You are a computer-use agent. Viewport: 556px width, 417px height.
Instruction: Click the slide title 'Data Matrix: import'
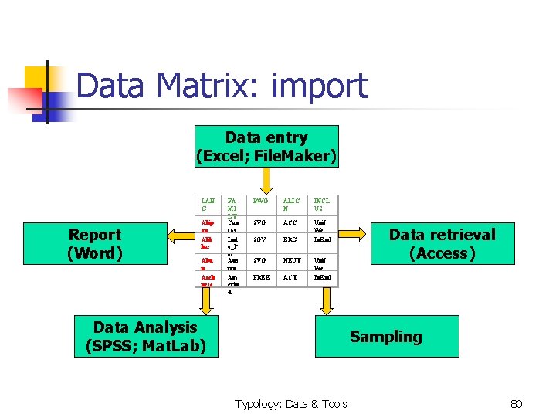click(x=222, y=86)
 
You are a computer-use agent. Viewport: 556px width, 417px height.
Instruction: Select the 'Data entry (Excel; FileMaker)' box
click(x=266, y=147)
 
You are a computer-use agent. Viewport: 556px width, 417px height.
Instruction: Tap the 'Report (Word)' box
click(x=95, y=243)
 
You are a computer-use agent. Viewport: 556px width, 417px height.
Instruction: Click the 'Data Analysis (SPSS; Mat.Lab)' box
click(x=145, y=337)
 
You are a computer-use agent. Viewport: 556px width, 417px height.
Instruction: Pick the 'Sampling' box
click(x=385, y=336)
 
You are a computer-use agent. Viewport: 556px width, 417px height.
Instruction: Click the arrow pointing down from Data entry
click(x=266, y=181)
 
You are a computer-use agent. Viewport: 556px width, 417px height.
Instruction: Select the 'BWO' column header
click(x=260, y=201)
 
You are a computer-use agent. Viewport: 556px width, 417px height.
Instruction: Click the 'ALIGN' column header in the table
click(x=291, y=205)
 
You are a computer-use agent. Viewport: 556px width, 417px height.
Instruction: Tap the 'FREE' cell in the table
click(x=261, y=276)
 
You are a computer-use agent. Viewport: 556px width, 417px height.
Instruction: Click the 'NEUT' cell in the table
click(x=292, y=260)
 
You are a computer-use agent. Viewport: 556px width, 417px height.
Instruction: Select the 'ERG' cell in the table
click(x=290, y=240)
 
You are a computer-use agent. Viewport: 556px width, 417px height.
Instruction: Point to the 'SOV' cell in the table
click(x=259, y=240)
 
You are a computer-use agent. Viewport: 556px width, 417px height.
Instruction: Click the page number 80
click(x=517, y=403)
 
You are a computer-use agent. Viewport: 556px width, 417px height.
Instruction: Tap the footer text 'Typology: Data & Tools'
click(x=291, y=403)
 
